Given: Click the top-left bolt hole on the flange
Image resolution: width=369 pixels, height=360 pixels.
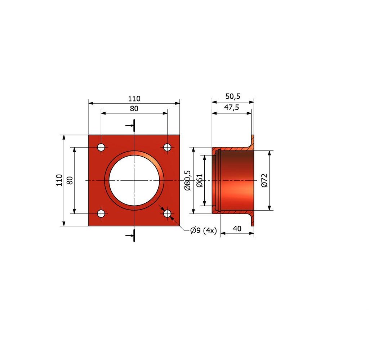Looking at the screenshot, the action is tap(101, 148).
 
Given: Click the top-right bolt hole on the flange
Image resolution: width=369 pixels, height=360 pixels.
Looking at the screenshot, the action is tap(167, 148).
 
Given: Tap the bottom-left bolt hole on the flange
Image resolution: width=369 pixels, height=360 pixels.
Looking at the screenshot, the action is tap(101, 214).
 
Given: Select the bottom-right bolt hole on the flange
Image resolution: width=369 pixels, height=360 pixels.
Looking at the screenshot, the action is tap(167, 214).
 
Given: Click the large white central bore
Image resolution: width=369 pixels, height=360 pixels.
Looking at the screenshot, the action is tap(134, 181).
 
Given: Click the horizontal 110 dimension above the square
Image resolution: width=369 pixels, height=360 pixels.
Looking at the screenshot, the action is tap(134, 99).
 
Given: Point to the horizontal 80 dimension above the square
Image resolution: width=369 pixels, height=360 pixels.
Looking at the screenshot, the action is tap(134, 109).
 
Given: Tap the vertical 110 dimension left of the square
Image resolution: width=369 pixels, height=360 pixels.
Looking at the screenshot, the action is tap(59, 180).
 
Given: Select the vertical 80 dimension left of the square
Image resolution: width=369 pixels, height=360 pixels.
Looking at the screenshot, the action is tap(70, 180).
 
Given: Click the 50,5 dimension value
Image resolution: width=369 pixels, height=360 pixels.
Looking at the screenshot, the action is tap(233, 96).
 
